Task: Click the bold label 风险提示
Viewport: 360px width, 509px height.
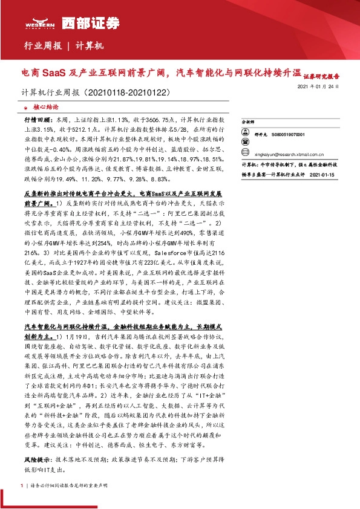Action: pos(36,443)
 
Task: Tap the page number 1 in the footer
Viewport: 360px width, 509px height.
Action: pos(22,485)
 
